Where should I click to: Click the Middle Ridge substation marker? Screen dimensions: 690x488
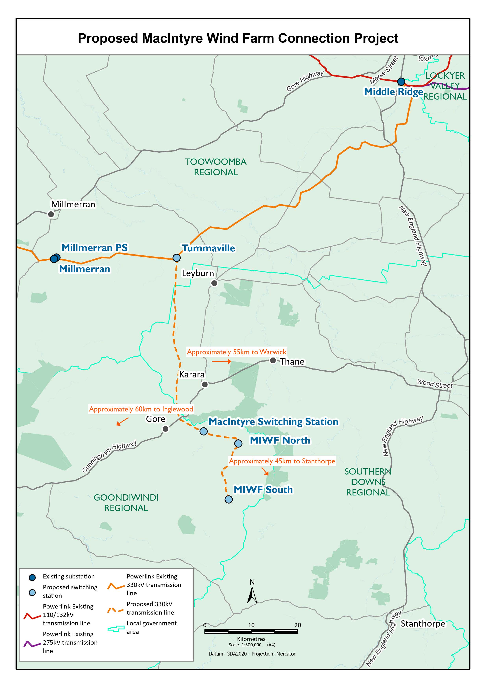click(401, 81)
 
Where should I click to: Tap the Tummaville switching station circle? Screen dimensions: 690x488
click(177, 258)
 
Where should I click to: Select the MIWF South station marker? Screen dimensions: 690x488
click(229, 499)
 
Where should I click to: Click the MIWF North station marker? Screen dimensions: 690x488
click(238, 443)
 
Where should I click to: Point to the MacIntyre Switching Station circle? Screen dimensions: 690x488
click(203, 431)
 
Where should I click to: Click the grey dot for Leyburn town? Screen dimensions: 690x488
click(214, 283)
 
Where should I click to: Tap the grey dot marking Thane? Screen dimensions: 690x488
click(273, 360)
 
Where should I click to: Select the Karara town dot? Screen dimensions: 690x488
click(205, 384)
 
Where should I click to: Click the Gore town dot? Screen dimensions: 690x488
click(165, 429)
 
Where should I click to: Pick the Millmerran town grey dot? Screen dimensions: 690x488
click(51, 214)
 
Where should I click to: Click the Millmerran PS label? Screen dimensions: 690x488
click(94, 248)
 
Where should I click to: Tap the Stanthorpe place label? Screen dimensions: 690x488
click(423, 624)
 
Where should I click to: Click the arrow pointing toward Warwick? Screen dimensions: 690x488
click(222, 362)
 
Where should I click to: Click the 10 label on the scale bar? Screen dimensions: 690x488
click(251, 625)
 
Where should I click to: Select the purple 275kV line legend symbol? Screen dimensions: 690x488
click(32, 644)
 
